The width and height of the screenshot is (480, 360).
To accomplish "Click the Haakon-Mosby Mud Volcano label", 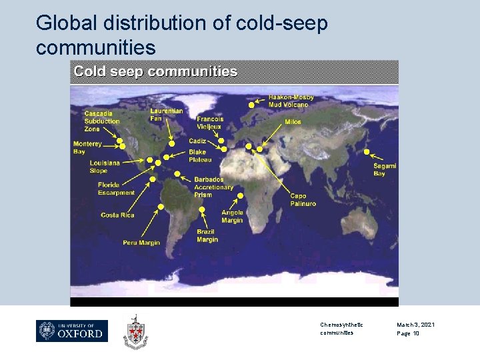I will (291, 101).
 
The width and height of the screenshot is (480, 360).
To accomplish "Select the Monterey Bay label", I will (87, 147).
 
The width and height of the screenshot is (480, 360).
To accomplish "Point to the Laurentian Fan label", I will (166, 115).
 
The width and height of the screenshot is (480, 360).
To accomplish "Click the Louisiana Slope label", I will (105, 167).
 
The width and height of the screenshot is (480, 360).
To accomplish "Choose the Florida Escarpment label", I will (116, 189).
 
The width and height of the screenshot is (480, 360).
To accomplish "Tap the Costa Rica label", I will (117, 215).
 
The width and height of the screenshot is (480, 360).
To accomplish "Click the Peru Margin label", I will (141, 243).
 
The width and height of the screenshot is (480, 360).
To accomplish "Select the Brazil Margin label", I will (207, 236).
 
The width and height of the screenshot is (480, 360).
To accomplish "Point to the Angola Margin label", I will (232, 217).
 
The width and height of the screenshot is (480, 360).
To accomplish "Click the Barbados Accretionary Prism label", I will (213, 187).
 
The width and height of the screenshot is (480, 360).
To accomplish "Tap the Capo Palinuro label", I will (303, 200).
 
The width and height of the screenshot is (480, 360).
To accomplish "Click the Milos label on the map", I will (293, 122).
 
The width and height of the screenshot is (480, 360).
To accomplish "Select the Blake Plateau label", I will (200, 156).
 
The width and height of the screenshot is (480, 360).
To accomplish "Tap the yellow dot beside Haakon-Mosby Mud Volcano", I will (251, 105).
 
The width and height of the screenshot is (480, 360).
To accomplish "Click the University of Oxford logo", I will (72, 331).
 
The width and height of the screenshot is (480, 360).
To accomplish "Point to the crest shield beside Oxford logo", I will (135, 331).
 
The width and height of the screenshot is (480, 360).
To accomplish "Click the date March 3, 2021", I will (415, 325).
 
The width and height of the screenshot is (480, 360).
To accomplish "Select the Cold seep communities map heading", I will (155, 71).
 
